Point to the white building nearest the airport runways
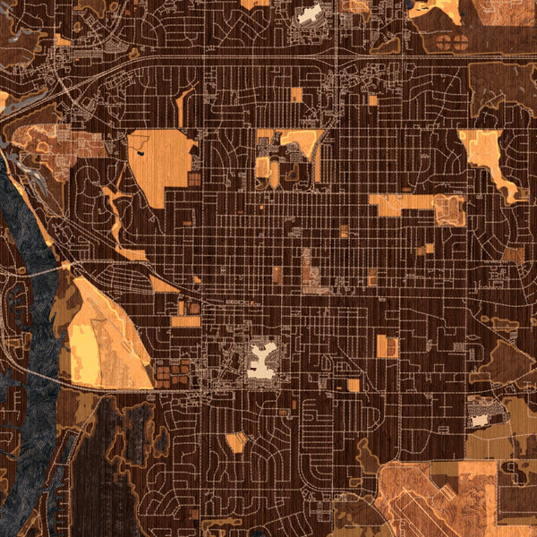tap(481, 417)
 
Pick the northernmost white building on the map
tap(308, 14)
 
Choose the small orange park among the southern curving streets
tap(236, 441)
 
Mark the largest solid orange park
tap(161, 161)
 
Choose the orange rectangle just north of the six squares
tap(186, 320)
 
